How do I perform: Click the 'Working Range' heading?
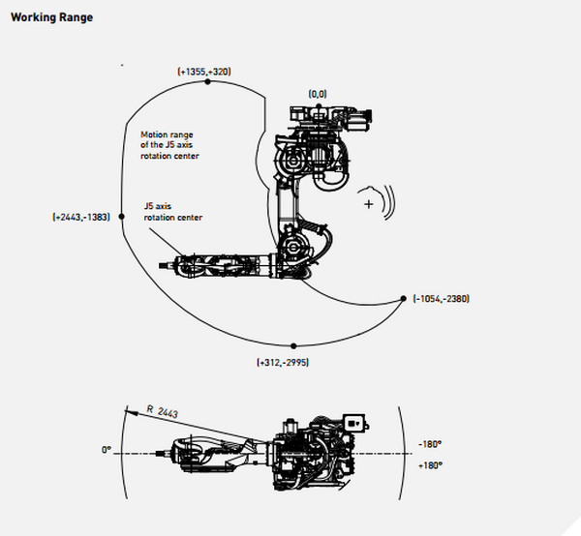click(x=52, y=17)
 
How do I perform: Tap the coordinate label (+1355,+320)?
click(x=204, y=72)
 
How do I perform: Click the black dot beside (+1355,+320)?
click(x=207, y=82)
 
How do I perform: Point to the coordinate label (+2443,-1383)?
click(x=81, y=217)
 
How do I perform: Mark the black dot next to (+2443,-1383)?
click(x=122, y=216)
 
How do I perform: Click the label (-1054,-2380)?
click(x=442, y=299)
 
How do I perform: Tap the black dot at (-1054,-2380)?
click(x=404, y=299)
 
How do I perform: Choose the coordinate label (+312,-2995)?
click(x=283, y=363)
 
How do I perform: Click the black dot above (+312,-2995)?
click(x=293, y=346)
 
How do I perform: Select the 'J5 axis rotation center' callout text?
click(x=173, y=212)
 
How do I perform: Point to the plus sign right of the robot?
click(x=368, y=204)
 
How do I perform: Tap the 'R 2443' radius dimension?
click(x=163, y=411)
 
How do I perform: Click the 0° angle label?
click(x=107, y=450)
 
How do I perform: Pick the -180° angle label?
click(x=430, y=444)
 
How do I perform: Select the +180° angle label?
click(x=430, y=465)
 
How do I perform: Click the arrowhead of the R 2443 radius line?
click(x=131, y=411)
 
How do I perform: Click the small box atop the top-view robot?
click(x=354, y=423)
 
